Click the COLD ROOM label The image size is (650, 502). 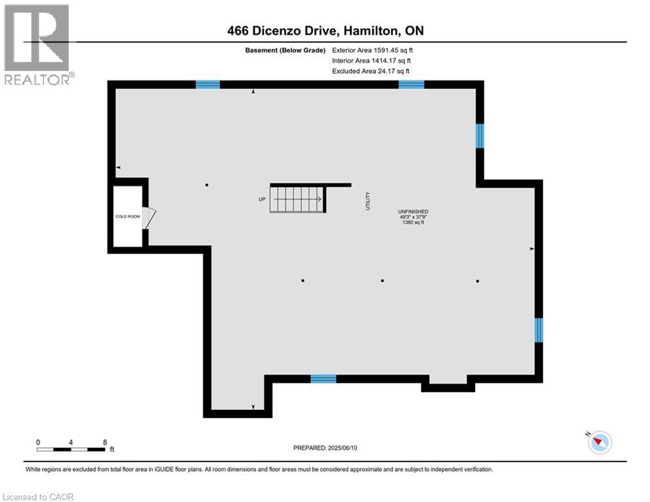(127, 216)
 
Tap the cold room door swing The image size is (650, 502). (149, 218)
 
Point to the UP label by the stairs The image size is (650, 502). (262, 199)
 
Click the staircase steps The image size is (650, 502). (297, 199)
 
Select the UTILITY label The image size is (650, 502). (368, 201)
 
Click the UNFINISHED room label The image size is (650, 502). (414, 212)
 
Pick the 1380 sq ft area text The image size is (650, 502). (414, 222)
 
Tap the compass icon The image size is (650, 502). (600, 443)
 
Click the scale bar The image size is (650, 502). (71, 449)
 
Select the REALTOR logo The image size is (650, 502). (37, 45)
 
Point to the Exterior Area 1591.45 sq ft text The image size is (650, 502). (372, 50)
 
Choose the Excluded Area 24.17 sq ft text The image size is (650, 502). (370, 71)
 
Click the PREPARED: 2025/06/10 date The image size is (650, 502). (325, 448)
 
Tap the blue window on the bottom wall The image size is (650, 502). (323, 378)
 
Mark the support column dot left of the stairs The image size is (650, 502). (206, 185)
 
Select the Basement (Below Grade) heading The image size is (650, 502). (285, 50)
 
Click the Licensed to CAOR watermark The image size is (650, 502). (38, 497)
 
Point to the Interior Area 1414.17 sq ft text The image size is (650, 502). (371, 61)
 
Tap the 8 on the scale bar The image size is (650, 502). (105, 443)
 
